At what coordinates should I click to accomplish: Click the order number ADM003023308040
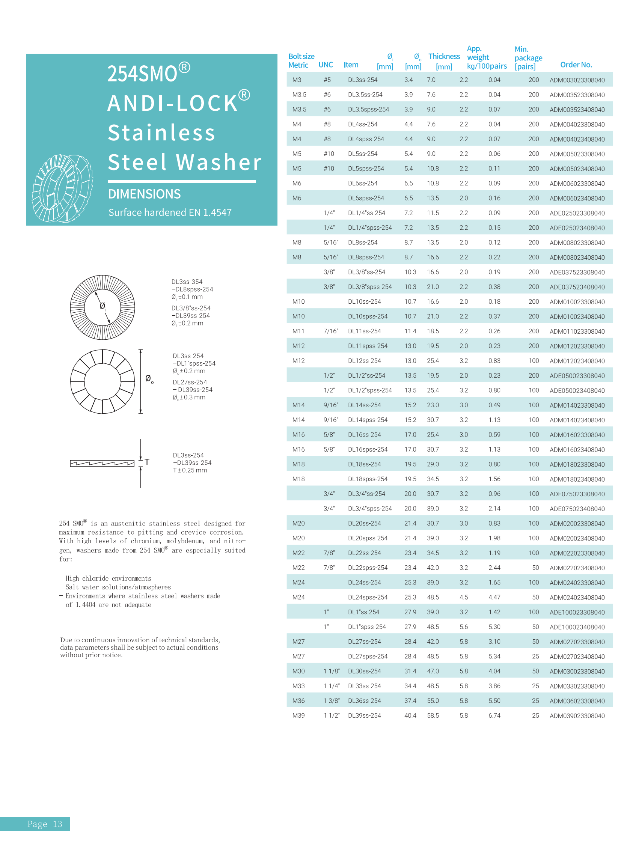click(577, 80)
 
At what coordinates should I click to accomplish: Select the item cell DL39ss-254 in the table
click(364, 715)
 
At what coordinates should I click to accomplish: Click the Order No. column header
click(576, 65)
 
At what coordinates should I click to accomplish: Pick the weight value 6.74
click(494, 715)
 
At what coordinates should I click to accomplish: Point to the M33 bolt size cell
click(298, 685)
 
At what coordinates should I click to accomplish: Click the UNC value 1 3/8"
click(331, 700)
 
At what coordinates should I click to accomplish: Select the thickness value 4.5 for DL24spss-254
click(464, 597)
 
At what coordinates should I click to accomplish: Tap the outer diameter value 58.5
click(433, 715)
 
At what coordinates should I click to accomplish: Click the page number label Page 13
click(45, 824)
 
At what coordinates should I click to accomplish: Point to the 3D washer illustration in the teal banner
click(62, 188)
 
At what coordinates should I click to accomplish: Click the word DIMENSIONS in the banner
click(144, 194)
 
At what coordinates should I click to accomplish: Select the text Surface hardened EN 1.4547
click(170, 212)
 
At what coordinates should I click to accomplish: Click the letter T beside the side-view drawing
click(147, 462)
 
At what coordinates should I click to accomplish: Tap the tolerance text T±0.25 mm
click(190, 470)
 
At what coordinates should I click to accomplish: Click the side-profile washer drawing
click(102, 463)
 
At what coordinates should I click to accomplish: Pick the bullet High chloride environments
click(108, 578)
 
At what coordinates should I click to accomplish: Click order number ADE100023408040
click(577, 627)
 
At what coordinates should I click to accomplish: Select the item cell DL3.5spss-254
click(368, 110)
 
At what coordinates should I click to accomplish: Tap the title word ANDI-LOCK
click(173, 103)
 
